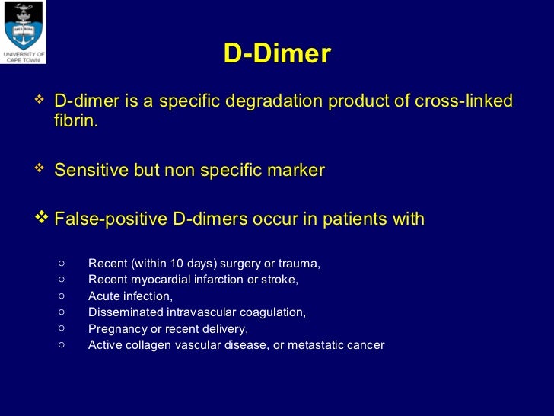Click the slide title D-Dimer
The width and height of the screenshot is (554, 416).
click(277, 54)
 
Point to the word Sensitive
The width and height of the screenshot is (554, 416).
click(92, 171)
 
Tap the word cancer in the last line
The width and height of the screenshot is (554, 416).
click(366, 345)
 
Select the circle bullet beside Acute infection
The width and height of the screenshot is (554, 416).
click(62, 296)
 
